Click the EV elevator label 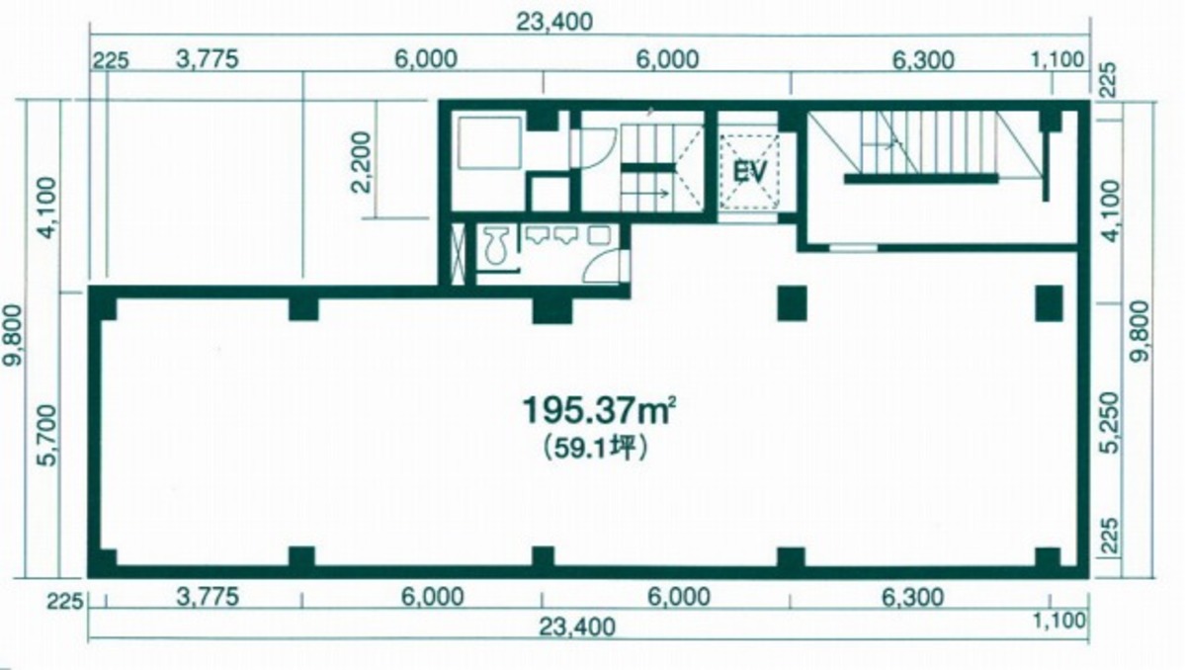750,172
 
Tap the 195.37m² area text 599,411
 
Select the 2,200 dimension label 363,162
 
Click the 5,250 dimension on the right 1110,422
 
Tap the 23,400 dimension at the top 554,21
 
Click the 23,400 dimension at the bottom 577,627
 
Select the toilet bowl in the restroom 496,245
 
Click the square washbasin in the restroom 599,235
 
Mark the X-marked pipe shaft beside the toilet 458,254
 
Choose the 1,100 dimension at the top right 1058,59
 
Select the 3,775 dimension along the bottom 208,597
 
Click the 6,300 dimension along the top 923,59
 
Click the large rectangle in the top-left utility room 490,142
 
